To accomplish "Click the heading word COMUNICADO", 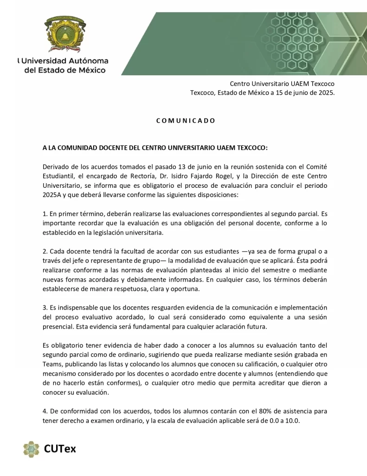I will (x=186, y=121).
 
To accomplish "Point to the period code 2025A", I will (x=52, y=195).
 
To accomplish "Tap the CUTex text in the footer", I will (x=60, y=449).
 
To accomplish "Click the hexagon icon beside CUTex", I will (x=31, y=449).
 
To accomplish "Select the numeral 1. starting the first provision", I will (x=45, y=215).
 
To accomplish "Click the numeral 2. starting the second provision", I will (x=45, y=251).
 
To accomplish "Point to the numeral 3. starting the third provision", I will (x=45, y=308).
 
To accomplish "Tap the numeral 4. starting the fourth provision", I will (x=45, y=411).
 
